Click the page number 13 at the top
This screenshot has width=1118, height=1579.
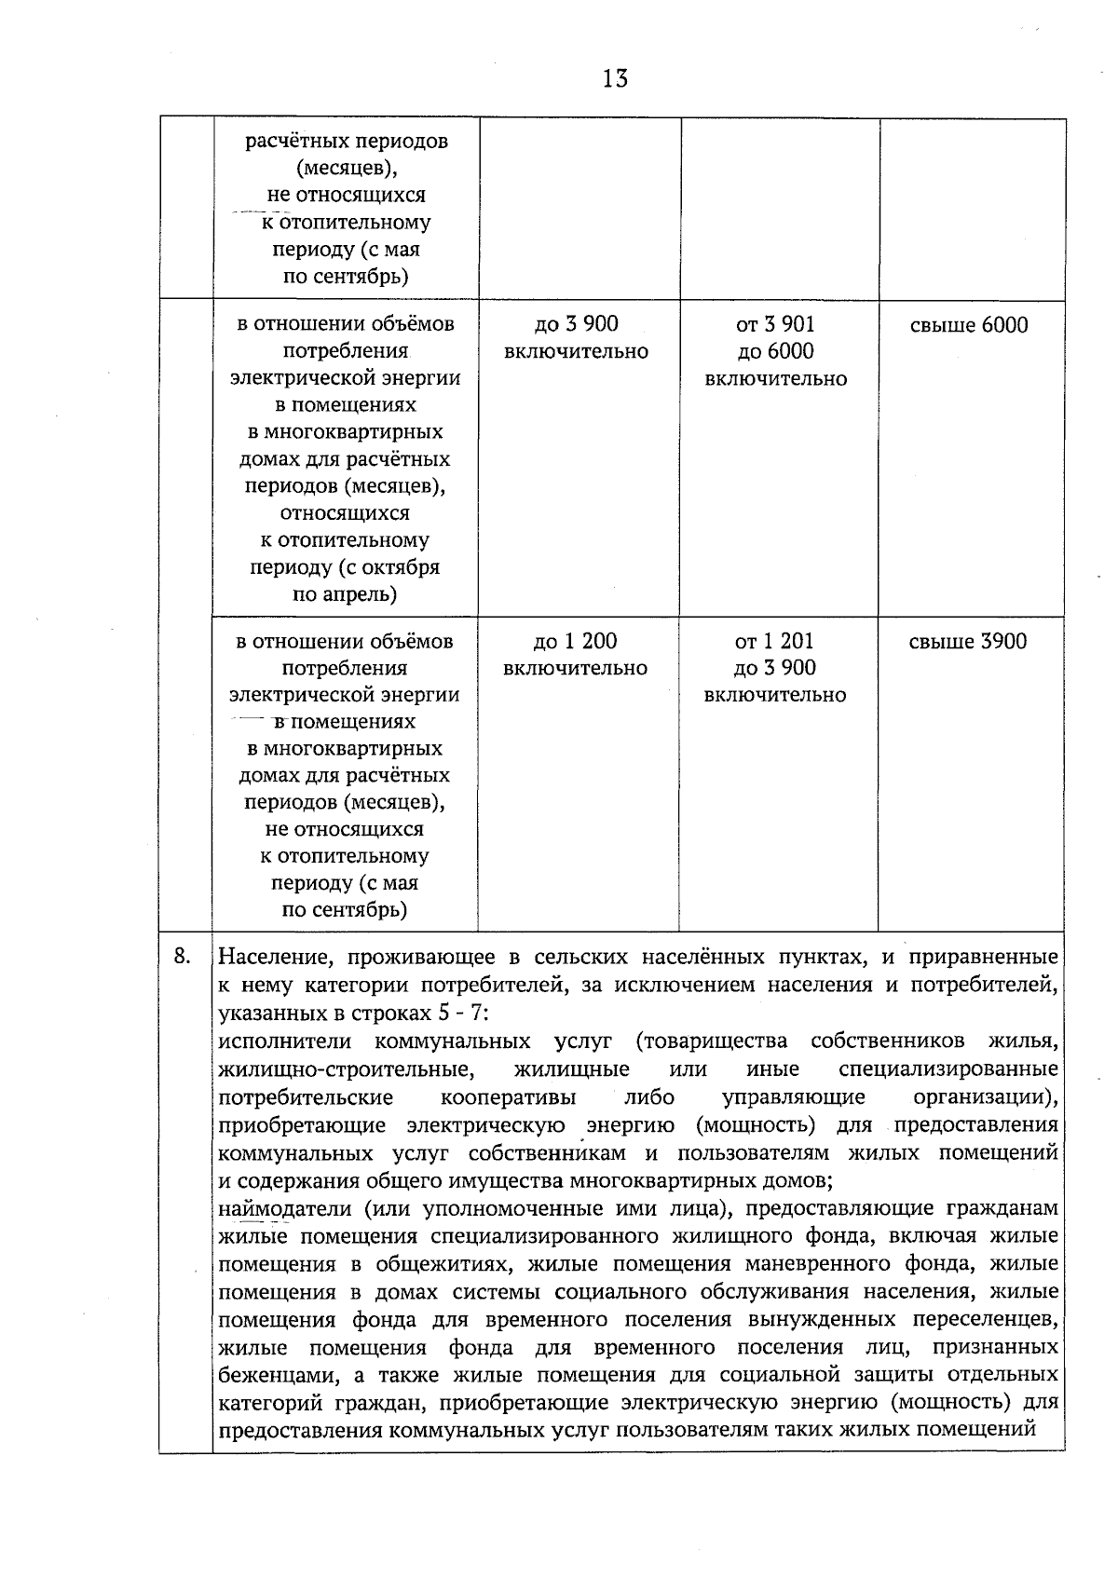point(615,78)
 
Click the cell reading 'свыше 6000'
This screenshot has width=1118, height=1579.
point(969,325)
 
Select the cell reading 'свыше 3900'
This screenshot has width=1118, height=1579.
point(968,641)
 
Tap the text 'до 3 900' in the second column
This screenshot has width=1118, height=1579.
point(576,324)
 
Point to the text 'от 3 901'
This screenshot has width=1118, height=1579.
point(775,324)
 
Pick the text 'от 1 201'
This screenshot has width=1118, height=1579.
point(774,641)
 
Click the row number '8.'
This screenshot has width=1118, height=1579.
point(184,955)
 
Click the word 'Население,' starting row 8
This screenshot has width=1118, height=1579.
point(270,958)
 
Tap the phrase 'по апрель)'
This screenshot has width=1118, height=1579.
point(345,594)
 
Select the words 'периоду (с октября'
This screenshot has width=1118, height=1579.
point(345,567)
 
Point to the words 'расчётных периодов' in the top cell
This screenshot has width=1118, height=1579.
point(347,142)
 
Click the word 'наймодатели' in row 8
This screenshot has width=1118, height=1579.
point(284,1209)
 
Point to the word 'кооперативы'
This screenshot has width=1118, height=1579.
point(508,1096)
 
